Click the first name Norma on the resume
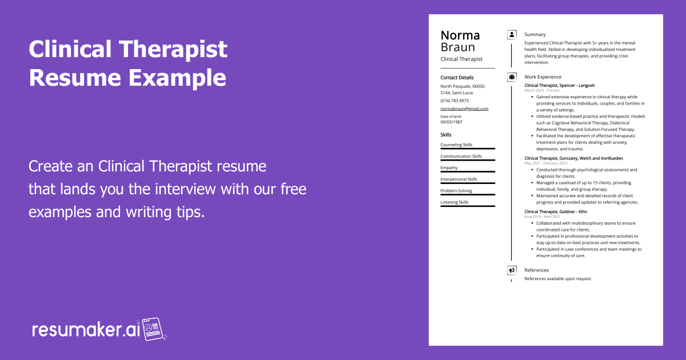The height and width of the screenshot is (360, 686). [x=460, y=35]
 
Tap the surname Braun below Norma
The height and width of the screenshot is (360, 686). [x=458, y=47]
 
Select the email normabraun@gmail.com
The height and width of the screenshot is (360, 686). [x=464, y=109]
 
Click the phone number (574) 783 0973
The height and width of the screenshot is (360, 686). [x=454, y=101]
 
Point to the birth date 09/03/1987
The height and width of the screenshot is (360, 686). [x=452, y=122]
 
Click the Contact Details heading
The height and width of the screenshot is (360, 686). [x=457, y=78]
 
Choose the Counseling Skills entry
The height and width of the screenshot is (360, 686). [x=456, y=145]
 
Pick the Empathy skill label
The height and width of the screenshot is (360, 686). [x=449, y=168]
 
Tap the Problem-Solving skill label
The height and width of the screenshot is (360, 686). [x=456, y=191]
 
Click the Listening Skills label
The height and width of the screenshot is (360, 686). [x=454, y=202]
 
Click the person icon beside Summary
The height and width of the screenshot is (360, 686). [x=512, y=34]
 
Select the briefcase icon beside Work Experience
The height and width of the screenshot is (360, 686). [x=512, y=77]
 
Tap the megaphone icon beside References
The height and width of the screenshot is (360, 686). [x=512, y=270]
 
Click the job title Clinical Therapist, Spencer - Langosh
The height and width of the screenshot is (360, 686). [x=559, y=86]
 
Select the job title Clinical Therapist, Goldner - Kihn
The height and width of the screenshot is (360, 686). [x=556, y=211]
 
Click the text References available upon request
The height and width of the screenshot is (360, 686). [x=557, y=279]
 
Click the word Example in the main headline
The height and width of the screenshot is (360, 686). [x=177, y=77]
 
